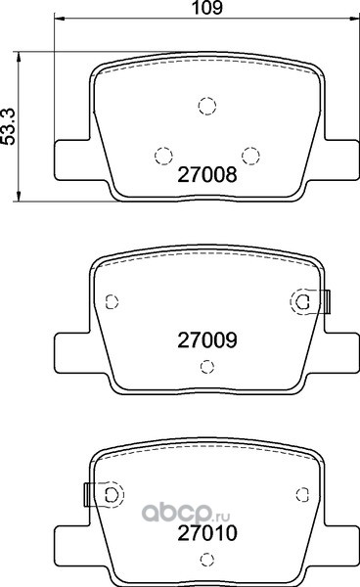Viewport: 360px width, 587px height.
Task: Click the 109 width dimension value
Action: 207,8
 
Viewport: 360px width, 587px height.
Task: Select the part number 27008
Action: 207,174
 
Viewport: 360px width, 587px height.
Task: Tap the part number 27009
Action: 207,339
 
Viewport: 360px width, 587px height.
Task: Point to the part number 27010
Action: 207,533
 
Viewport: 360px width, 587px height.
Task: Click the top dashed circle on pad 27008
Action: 207,106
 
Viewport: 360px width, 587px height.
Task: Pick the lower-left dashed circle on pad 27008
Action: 163,156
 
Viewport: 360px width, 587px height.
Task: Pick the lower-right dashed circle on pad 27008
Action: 250,156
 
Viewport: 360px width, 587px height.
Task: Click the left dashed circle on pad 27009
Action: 112,301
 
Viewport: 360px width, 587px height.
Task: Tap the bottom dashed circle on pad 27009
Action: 207,367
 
